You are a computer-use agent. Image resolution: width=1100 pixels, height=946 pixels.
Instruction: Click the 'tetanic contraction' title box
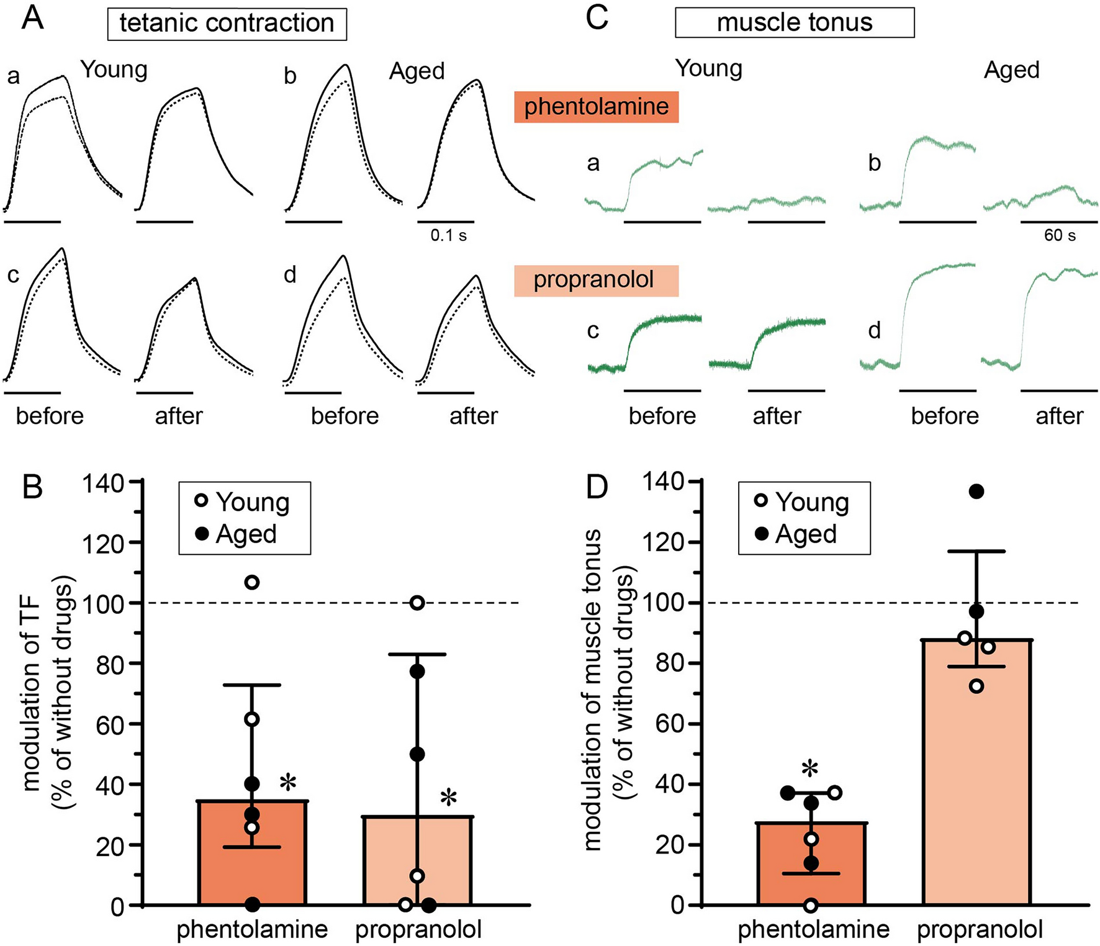(227, 24)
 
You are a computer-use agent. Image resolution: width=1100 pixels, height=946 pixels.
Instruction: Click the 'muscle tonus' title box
(794, 22)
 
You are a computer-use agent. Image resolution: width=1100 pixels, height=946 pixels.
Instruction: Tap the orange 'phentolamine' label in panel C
(596, 107)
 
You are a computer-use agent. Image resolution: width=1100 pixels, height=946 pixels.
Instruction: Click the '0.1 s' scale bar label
(448, 235)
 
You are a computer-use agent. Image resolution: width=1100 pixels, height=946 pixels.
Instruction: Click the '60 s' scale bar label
(1060, 235)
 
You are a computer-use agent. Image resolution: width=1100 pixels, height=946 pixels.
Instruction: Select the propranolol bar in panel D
(976, 776)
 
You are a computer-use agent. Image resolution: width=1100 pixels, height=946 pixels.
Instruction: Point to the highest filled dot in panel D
(976, 492)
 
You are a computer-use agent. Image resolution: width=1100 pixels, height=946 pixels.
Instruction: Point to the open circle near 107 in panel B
(252, 582)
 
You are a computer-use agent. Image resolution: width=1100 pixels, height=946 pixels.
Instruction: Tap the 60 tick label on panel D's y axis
(670, 724)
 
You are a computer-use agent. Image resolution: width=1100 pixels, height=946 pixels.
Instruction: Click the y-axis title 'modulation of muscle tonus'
(592, 689)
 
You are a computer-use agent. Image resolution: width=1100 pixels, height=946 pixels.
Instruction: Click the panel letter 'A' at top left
(32, 19)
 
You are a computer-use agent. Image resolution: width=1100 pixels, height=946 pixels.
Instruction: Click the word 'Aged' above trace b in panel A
(417, 71)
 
